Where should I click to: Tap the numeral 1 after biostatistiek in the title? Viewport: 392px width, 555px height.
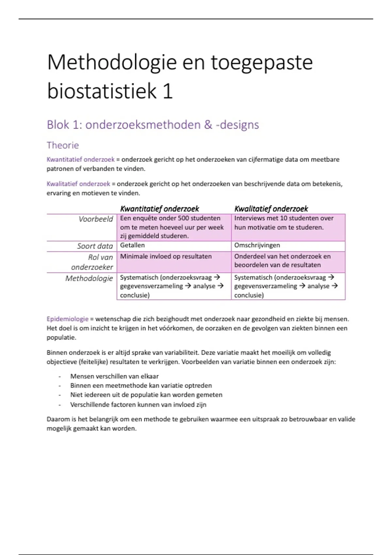tap(167, 91)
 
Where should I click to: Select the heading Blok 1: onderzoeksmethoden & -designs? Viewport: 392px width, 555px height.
tap(153, 125)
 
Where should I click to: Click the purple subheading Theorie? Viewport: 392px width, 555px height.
tap(63, 145)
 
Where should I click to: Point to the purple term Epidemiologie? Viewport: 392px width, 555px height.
tap(67, 319)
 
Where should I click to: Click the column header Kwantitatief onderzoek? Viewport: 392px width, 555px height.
tap(159, 209)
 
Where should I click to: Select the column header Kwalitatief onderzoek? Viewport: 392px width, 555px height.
tap(271, 209)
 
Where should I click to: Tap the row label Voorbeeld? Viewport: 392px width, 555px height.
tap(96, 219)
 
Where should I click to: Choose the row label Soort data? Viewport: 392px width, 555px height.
tap(95, 246)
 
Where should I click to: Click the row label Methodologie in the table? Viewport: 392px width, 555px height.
tap(89, 278)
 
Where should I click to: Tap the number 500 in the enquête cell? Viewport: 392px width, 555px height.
tap(184, 218)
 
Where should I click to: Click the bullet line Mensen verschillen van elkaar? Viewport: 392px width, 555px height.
tap(114, 376)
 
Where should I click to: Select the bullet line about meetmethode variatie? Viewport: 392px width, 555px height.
tap(141, 386)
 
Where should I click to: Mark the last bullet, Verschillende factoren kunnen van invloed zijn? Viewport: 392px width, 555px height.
tap(138, 405)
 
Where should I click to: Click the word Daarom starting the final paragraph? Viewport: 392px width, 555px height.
tap(58, 419)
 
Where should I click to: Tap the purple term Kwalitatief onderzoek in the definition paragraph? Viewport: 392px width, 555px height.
tap(78, 184)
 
